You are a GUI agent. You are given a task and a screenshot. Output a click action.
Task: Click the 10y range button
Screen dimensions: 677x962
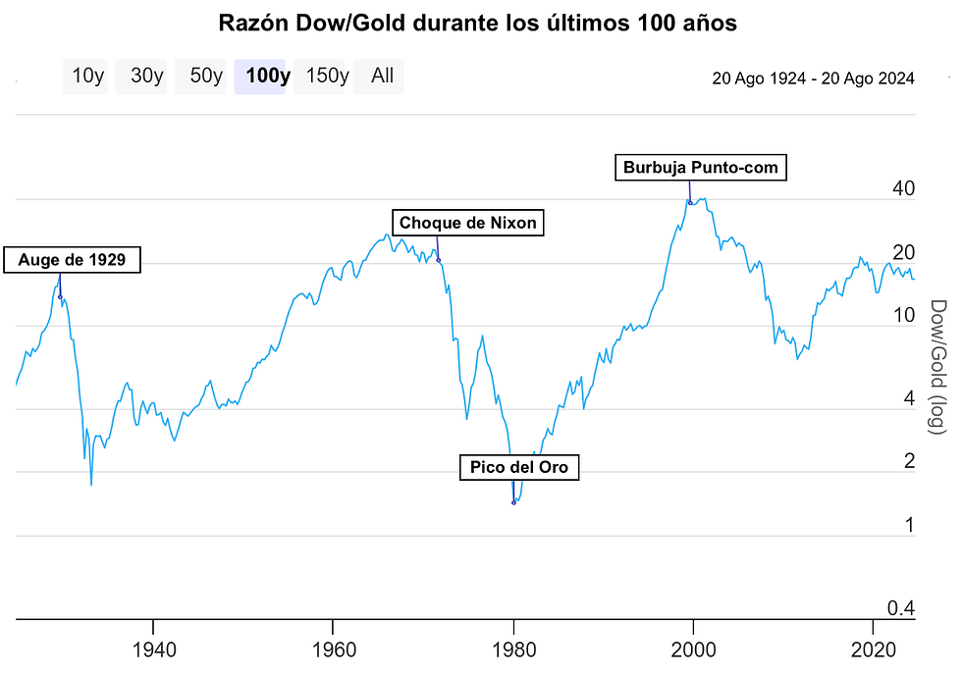click(88, 77)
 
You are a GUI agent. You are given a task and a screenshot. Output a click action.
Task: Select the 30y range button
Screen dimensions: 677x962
click(147, 77)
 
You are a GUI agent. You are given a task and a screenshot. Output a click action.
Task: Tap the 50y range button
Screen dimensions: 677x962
click(206, 77)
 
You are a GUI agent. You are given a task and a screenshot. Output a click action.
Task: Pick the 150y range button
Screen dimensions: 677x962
click(327, 77)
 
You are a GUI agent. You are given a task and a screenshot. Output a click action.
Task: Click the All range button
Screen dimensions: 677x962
click(382, 77)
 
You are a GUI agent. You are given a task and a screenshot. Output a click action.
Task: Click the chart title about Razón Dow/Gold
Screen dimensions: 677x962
click(476, 22)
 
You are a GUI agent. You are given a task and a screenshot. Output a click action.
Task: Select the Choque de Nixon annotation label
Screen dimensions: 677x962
click(467, 223)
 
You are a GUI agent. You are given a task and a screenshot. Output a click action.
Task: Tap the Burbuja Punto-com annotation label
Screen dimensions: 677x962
click(700, 168)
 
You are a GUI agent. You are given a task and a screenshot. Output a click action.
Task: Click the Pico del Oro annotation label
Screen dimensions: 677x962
click(519, 467)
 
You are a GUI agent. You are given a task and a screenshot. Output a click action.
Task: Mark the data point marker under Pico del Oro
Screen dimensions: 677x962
click(513, 502)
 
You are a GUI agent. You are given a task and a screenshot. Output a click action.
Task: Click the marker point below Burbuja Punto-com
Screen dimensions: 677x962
click(690, 203)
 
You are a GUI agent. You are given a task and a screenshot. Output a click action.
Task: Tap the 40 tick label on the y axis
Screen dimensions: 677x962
click(902, 188)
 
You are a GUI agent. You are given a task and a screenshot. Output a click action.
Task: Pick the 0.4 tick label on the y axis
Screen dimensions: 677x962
click(901, 608)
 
